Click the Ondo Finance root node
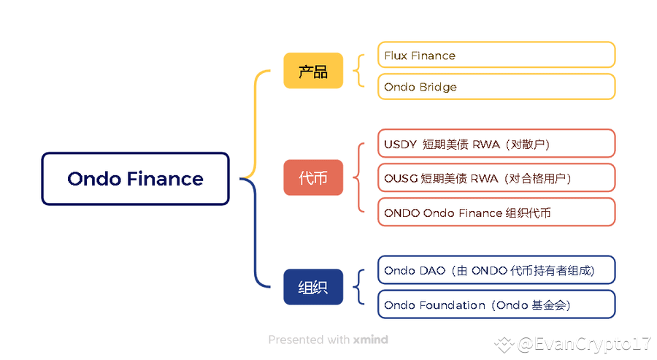(135, 178)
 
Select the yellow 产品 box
(312, 71)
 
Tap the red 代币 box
(312, 177)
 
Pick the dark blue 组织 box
(312, 287)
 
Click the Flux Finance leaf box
(496, 55)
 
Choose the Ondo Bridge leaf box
(496, 87)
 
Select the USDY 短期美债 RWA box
(496, 144)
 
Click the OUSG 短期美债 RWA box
(496, 178)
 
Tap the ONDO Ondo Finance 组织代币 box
(496, 212)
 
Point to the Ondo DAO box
(496, 270)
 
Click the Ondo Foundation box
(496, 305)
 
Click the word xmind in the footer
(371, 340)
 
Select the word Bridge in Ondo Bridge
(438, 87)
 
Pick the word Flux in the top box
(396, 55)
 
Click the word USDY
(399, 144)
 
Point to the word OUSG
(400, 178)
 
